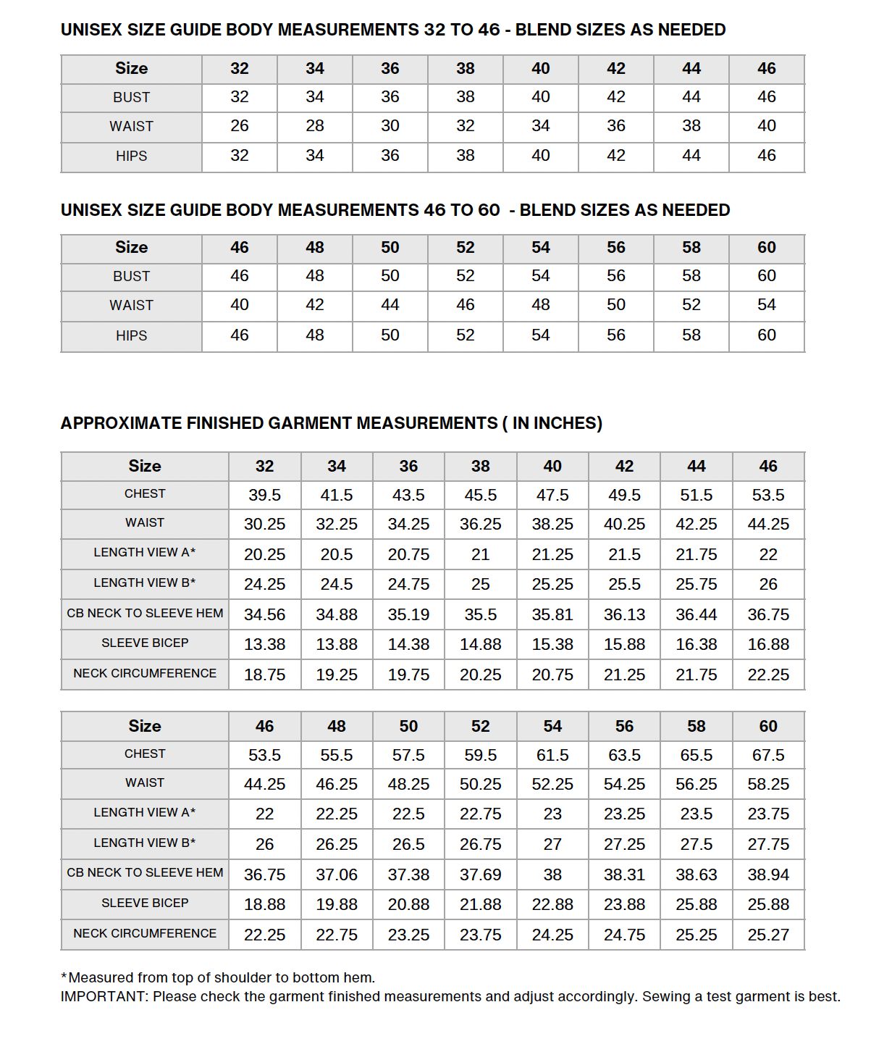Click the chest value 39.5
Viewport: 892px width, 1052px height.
pyautogui.click(x=264, y=495)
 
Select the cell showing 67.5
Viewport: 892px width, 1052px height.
pyautogui.click(x=768, y=755)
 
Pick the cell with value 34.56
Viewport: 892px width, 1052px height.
pyautogui.click(x=264, y=614)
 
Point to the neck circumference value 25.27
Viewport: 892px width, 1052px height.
pyautogui.click(x=768, y=935)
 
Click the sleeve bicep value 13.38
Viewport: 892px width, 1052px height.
pyautogui.click(x=264, y=644)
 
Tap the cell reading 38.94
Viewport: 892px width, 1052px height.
pyautogui.click(x=768, y=874)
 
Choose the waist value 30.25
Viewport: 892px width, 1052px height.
pyautogui.click(x=264, y=524)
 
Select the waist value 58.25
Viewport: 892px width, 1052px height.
pyautogui.click(x=768, y=784)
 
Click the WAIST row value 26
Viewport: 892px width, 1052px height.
pyautogui.click(x=240, y=126)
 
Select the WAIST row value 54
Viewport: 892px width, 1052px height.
pyautogui.click(x=767, y=305)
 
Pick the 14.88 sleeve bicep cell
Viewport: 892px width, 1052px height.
pyautogui.click(x=480, y=644)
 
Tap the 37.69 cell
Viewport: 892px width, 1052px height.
pyautogui.click(x=480, y=874)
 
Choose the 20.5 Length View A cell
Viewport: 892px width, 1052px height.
pyautogui.click(x=337, y=554)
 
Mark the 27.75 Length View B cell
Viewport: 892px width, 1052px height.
pyautogui.click(x=768, y=844)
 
